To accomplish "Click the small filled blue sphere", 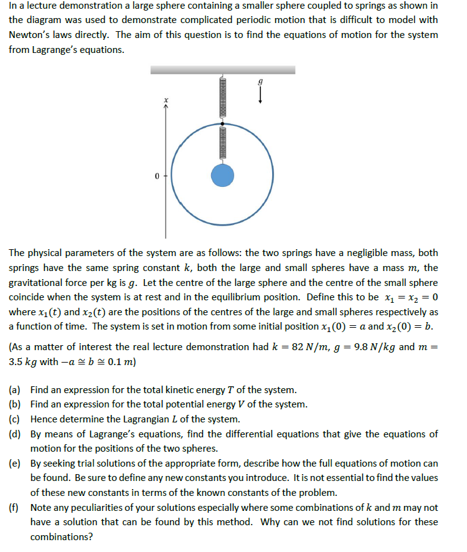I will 222,175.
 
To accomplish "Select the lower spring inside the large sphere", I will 222,143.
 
